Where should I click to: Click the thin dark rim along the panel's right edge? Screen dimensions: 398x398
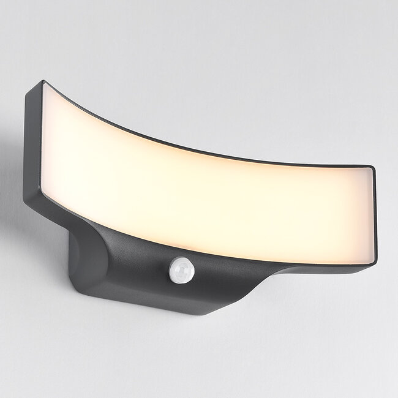click(374, 214)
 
